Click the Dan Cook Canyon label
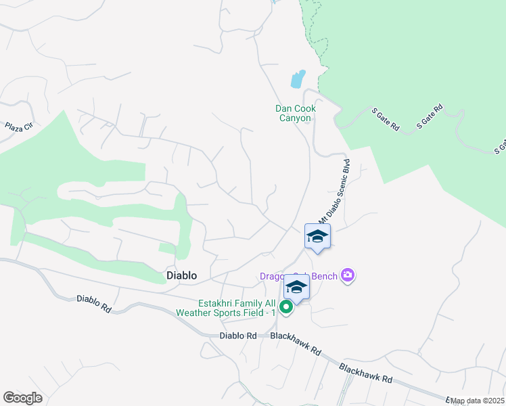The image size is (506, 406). click(x=296, y=113)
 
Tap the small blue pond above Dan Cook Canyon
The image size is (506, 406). click(x=298, y=79)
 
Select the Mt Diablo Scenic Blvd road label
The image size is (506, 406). click(x=335, y=191)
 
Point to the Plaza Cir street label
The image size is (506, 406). click(x=19, y=127)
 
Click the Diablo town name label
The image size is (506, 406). click(x=182, y=275)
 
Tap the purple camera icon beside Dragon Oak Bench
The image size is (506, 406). click(x=348, y=274)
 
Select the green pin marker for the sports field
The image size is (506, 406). click(x=286, y=307)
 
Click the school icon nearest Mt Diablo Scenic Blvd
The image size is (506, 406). click(x=317, y=235)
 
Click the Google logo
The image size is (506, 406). click(x=22, y=397)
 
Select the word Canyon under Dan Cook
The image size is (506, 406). click(x=296, y=118)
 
